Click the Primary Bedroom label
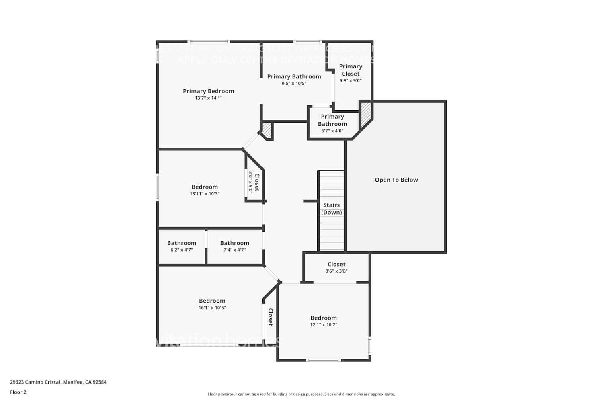(208, 91)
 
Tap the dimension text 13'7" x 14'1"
(208, 98)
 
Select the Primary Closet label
(351, 70)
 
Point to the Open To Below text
(396, 180)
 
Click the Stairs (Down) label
(332, 209)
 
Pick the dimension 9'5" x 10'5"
(294, 84)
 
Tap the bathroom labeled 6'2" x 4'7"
(182, 246)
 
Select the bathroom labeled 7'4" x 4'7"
(235, 246)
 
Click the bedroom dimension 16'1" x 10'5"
(212, 308)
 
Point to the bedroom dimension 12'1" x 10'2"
(323, 325)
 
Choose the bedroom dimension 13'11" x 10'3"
(205, 194)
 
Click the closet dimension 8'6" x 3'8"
(336, 271)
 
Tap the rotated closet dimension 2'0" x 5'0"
(250, 182)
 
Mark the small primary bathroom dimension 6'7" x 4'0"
(332, 131)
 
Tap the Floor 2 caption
(18, 392)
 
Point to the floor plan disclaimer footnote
(301, 394)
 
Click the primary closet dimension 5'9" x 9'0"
(351, 80)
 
